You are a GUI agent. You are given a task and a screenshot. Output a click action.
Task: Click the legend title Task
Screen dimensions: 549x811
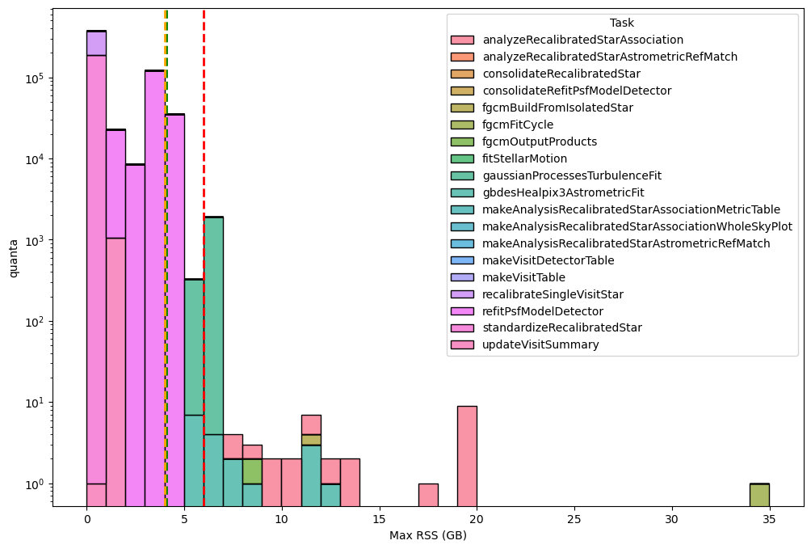point(621,23)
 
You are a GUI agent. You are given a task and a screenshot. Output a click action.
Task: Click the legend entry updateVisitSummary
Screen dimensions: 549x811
point(540,344)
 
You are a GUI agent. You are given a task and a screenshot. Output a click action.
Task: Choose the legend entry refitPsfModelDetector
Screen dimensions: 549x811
point(543,311)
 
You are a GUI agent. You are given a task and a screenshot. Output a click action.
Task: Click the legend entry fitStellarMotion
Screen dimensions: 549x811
point(524,158)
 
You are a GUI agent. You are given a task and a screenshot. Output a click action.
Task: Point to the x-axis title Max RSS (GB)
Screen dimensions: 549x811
point(428,535)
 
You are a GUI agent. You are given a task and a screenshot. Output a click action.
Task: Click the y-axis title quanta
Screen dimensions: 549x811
point(14,258)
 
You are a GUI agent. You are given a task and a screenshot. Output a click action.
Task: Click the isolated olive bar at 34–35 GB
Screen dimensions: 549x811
point(759,494)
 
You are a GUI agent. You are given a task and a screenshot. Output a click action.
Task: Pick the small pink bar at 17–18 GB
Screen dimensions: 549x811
point(428,494)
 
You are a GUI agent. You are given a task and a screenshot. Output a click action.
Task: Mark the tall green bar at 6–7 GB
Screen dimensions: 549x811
point(213,323)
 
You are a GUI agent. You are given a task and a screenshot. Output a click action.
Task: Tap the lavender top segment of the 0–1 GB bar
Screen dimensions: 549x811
point(96,43)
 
